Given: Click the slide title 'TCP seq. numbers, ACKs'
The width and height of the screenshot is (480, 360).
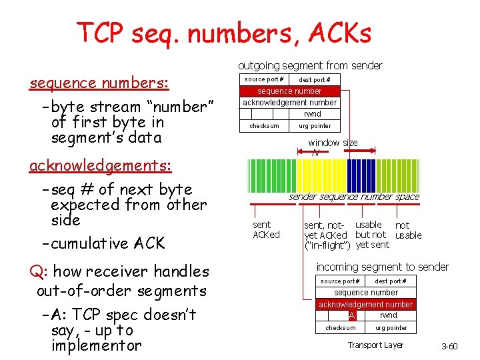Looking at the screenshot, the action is click(x=224, y=32).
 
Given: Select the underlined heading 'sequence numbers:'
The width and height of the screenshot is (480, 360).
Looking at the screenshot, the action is click(x=99, y=83).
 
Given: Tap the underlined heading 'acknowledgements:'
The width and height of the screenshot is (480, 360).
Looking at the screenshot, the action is click(x=100, y=165).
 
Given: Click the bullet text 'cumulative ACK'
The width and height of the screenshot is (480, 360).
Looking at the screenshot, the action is click(x=107, y=243).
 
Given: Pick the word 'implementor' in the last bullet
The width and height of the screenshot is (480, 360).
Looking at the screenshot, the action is click(x=96, y=345).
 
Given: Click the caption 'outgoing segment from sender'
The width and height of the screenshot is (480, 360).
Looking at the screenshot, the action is click(x=310, y=65).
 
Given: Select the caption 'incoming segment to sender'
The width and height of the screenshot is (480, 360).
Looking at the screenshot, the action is click(x=383, y=267).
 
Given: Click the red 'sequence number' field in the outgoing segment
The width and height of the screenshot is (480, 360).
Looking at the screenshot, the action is click(x=289, y=91).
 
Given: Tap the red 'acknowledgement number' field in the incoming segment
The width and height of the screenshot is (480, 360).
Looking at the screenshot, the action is click(x=365, y=304).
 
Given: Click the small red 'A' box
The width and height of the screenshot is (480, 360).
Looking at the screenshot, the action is click(x=351, y=315).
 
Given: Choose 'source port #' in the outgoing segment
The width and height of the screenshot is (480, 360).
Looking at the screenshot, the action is click(x=264, y=79).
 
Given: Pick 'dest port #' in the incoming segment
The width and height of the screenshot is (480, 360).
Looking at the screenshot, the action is click(x=391, y=281).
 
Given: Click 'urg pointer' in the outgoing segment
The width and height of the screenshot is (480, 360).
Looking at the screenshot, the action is click(x=314, y=125).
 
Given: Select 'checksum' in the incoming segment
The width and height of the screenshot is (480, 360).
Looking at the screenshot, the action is click(x=340, y=327).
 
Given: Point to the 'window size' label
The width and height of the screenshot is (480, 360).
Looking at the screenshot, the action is click(x=333, y=143).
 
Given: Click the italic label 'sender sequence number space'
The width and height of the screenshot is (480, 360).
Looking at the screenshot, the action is click(x=353, y=197).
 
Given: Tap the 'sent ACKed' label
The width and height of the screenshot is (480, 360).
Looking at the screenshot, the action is click(x=266, y=230).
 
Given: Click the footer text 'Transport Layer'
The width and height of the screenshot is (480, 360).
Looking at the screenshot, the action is click(x=375, y=345).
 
